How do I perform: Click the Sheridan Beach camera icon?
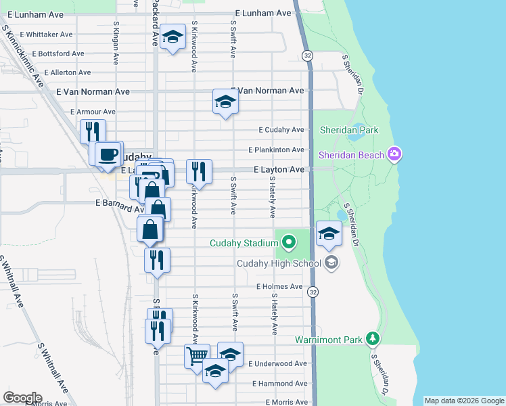[395, 155]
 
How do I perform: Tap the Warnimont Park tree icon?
[371, 338]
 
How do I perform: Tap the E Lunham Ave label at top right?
[263, 13]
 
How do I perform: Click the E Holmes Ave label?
[279, 286]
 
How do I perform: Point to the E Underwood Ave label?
[277, 363]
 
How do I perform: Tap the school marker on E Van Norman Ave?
[225, 101]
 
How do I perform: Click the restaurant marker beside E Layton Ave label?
[199, 170]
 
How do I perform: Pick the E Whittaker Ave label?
[46, 34]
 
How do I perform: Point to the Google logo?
[22, 397]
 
